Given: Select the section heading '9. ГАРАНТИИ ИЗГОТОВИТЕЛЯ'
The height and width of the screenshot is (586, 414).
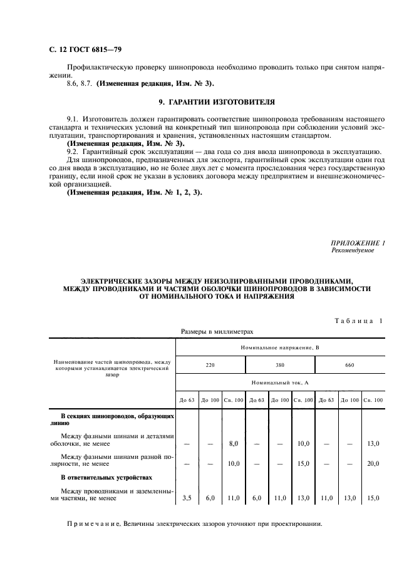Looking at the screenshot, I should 207,101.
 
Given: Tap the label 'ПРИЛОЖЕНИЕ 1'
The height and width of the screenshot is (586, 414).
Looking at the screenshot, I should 358,242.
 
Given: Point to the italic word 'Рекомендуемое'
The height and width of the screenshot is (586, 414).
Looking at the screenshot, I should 353,250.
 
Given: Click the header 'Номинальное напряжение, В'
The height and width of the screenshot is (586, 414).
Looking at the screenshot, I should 279,346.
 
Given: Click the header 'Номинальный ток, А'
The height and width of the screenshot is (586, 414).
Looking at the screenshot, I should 279,381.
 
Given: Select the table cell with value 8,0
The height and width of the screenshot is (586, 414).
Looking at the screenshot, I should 234,443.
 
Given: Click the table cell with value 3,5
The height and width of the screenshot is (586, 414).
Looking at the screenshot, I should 186,498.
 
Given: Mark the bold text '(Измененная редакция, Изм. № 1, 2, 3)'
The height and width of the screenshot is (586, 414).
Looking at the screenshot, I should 134,192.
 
